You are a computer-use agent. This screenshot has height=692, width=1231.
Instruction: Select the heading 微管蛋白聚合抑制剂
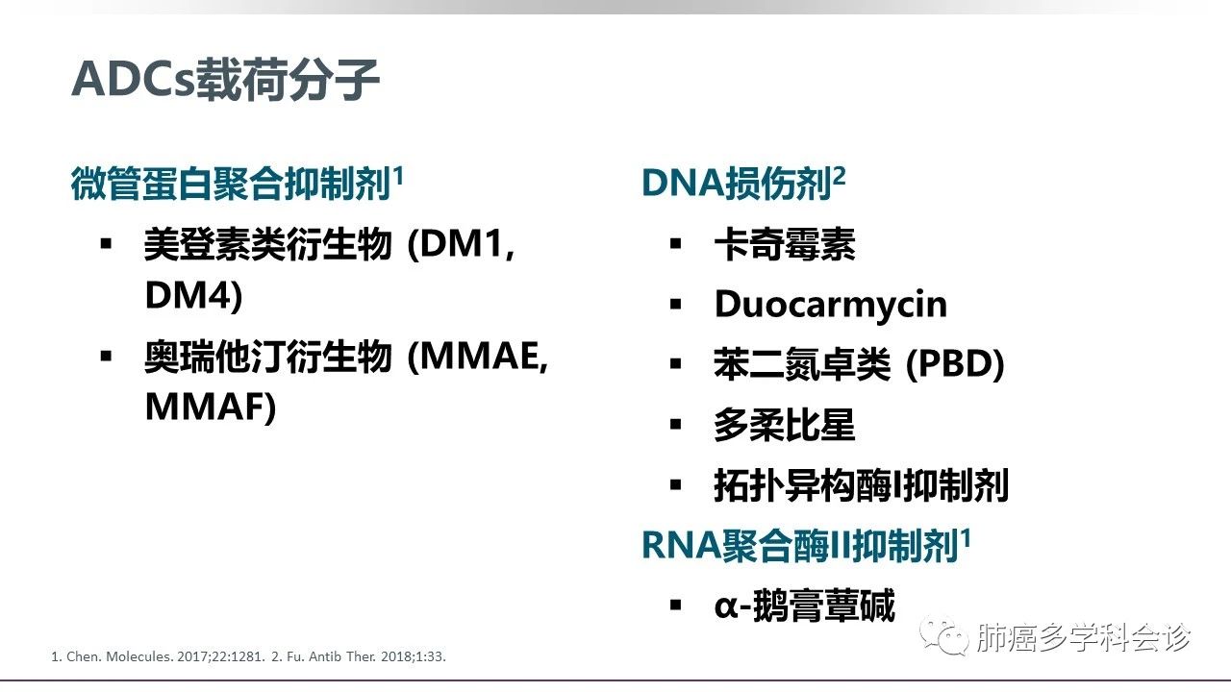(231, 184)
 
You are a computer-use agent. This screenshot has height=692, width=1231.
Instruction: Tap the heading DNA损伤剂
(737, 183)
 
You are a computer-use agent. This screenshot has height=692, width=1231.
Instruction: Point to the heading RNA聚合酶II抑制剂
(799, 546)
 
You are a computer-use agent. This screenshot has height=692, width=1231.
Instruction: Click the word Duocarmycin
(831, 305)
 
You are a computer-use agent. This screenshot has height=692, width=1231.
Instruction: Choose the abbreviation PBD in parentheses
(955, 363)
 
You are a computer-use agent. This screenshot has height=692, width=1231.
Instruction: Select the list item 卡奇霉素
(785, 244)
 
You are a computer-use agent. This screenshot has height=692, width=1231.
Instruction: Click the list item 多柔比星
(785, 425)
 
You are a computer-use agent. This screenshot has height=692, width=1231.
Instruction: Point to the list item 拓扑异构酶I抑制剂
(861, 485)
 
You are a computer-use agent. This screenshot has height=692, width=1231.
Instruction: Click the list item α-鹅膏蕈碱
(805, 605)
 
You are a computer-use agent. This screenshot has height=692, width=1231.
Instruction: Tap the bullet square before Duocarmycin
(676, 304)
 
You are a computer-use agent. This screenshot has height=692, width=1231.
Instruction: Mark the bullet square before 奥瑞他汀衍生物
(106, 356)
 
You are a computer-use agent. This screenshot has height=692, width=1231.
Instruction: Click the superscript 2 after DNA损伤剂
(839, 177)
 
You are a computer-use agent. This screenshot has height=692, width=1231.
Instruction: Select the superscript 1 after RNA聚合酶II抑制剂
(966, 539)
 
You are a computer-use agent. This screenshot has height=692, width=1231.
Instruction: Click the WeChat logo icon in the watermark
(944, 635)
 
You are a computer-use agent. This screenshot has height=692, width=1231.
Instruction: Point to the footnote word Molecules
(139, 656)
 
